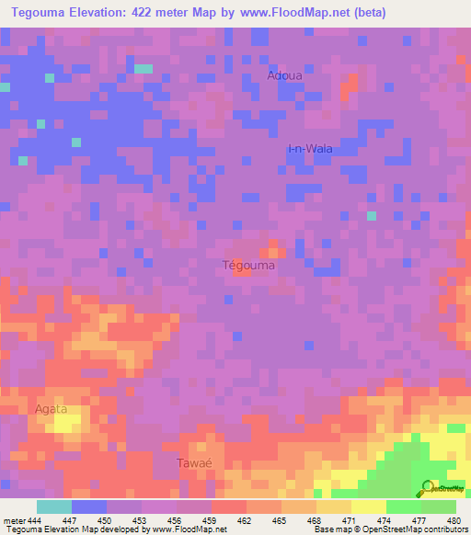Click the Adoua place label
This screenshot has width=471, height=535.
[283, 75]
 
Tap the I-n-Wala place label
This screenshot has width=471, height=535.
[310, 149]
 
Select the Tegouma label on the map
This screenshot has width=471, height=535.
[249, 265]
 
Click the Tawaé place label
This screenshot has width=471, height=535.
[194, 463]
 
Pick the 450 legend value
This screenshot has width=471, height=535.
[106, 520]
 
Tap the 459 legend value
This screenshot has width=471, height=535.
[211, 520]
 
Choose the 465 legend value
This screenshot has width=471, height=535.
[281, 520]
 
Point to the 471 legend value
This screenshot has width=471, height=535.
[350, 520]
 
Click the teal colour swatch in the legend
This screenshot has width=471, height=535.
[53, 507]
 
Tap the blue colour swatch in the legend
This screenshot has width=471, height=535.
[88, 507]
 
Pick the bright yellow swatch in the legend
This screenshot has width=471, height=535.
[368, 507]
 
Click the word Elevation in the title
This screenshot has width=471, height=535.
[98, 12]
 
